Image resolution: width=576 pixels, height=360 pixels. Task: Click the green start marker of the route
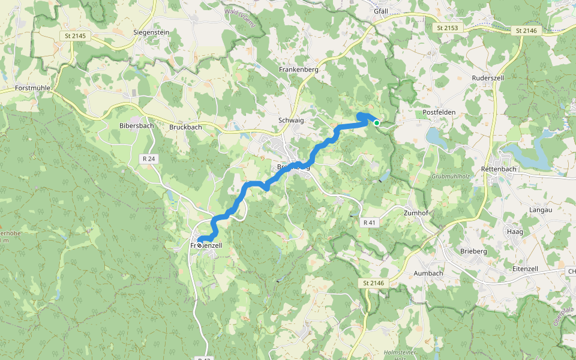point(377,123)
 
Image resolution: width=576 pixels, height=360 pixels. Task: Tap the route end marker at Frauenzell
point(199,245)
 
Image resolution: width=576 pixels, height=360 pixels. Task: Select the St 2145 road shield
point(74,36)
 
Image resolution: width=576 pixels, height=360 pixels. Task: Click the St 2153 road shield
point(447,28)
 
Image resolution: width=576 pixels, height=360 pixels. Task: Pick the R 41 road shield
point(370,222)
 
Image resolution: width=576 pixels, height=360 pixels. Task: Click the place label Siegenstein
point(151,32)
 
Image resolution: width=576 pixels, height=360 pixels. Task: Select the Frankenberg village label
point(298,70)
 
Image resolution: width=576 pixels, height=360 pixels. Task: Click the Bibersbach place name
point(137,126)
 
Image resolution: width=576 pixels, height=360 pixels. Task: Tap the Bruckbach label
point(185,127)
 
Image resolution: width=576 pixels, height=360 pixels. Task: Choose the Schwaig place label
point(291,121)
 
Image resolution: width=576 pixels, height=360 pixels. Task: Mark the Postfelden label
point(439,112)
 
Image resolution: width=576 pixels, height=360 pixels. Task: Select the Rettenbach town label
point(499,170)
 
